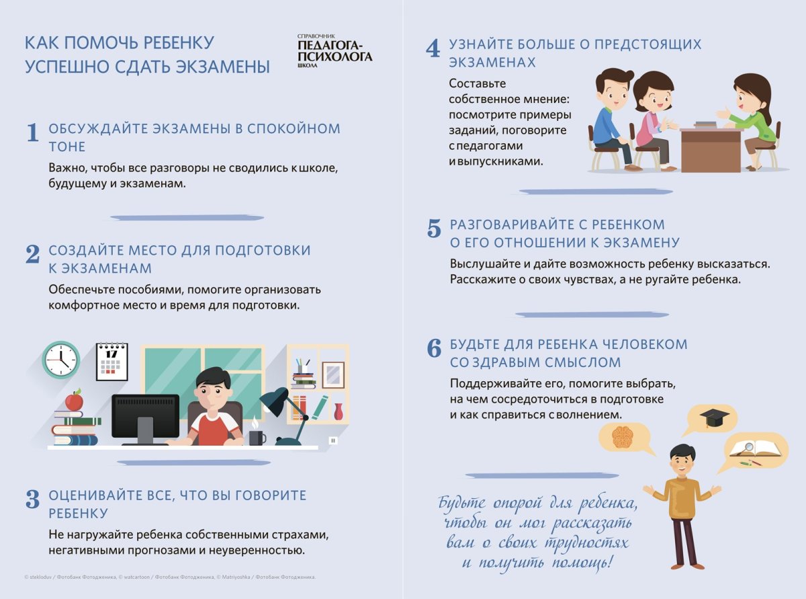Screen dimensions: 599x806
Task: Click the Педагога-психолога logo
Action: (334, 52)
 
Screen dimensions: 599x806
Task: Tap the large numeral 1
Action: (32, 133)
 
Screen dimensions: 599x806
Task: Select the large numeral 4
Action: (433, 49)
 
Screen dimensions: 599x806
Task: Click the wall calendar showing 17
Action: (111, 362)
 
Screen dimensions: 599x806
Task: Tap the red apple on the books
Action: (74, 401)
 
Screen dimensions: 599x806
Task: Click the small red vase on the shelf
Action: (338, 411)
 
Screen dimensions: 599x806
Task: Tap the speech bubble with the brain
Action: (624, 438)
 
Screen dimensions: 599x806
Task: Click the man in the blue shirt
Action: (608, 118)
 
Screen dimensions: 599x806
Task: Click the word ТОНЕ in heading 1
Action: (67, 147)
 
